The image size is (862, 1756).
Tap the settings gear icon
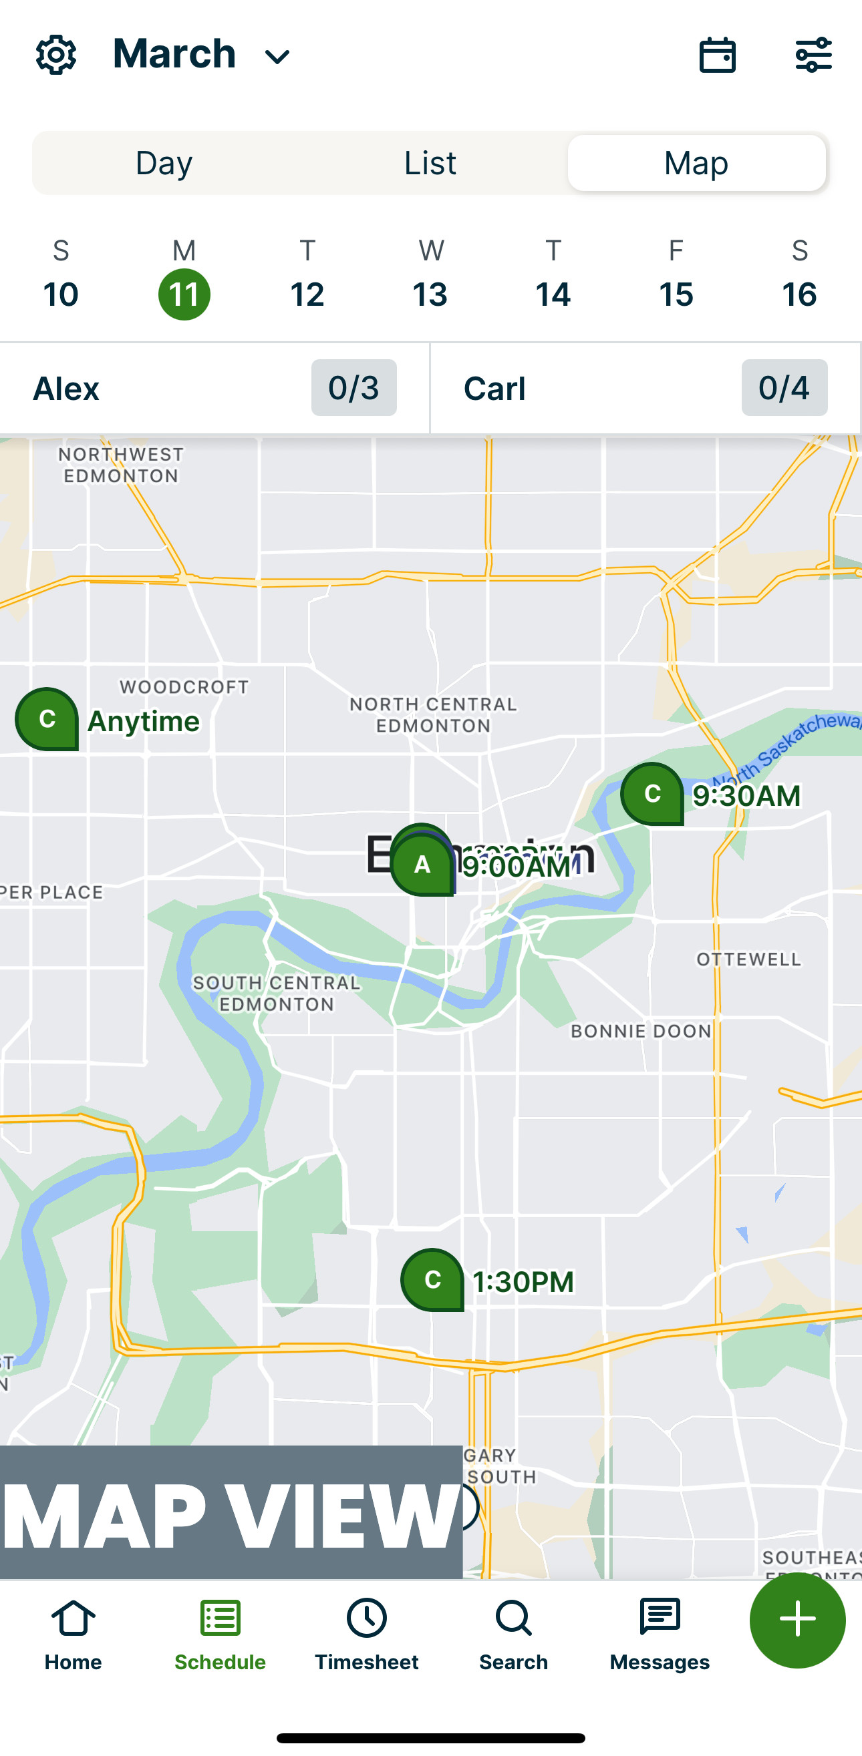click(x=56, y=55)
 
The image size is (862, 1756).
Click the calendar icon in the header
click(x=718, y=55)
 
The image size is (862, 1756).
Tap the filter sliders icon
click(x=814, y=55)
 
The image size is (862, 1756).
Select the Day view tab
click(x=164, y=163)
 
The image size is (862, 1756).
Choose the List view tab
click(x=430, y=163)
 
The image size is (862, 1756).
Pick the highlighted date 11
click(x=184, y=294)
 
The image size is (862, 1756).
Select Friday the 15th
click(x=675, y=294)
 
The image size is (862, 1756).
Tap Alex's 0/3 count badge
click(x=353, y=388)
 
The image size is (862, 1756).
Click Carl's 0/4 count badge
click(x=784, y=388)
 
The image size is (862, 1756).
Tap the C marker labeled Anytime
click(x=46, y=718)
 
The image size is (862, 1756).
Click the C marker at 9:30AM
click(x=652, y=793)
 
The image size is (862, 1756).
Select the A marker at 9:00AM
click(x=422, y=865)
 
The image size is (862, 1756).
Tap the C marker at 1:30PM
click(x=432, y=1279)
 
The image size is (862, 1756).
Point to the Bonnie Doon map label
click(x=640, y=1031)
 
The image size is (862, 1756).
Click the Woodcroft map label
click(x=184, y=687)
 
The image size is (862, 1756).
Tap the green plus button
click(x=797, y=1619)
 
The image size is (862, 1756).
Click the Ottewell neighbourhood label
click(x=748, y=959)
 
